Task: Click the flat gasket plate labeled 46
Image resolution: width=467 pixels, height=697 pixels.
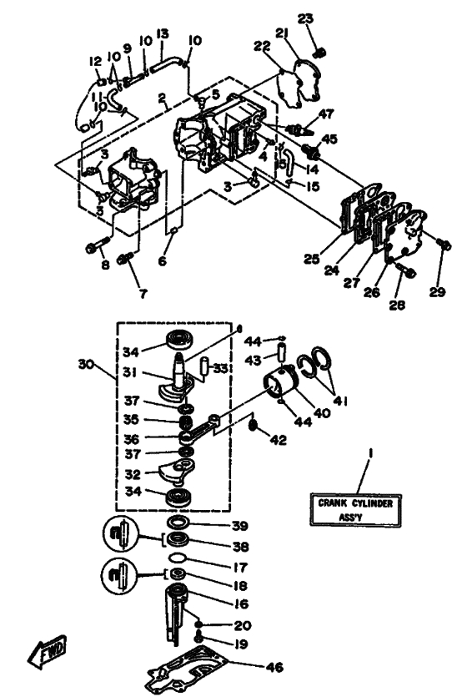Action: click(x=193, y=671)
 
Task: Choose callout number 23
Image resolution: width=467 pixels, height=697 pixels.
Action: click(x=307, y=18)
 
